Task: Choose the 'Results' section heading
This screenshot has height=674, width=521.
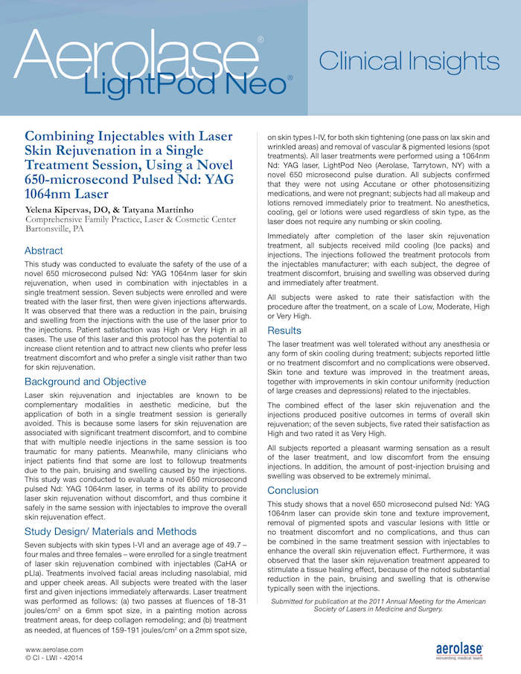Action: [x=284, y=330]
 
